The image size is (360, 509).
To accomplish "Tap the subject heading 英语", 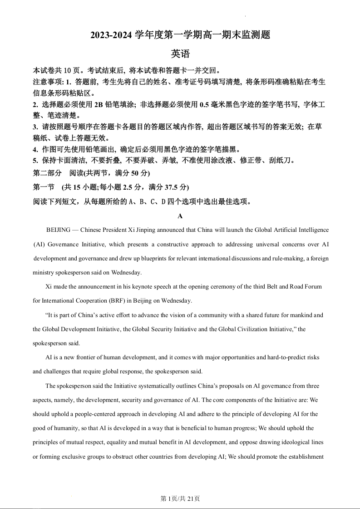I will (x=180, y=54).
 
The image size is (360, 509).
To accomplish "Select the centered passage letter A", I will (x=180, y=216).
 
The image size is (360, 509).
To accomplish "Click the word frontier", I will (x=79, y=357).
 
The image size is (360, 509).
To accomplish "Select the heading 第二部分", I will (x=47, y=173).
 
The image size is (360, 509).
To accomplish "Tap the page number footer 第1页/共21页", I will (x=180, y=499).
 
